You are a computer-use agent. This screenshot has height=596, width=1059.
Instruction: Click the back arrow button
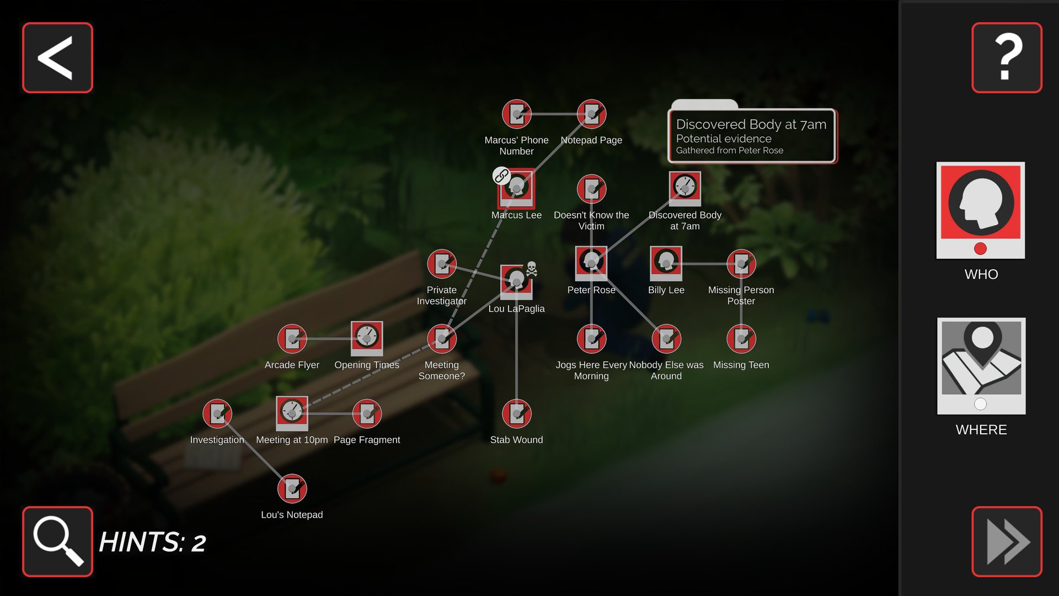tap(57, 57)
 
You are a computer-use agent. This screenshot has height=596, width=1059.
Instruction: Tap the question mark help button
tap(1007, 57)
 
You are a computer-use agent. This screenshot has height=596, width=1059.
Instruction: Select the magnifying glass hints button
tap(57, 541)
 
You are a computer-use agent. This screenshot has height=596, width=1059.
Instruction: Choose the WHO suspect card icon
tap(981, 210)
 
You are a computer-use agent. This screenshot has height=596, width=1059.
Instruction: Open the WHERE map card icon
tap(981, 366)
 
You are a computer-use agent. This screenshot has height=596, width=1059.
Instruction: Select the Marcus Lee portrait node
tap(516, 188)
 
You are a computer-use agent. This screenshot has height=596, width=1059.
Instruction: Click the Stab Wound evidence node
tap(517, 413)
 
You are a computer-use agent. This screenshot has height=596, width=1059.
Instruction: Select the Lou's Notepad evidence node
tap(292, 488)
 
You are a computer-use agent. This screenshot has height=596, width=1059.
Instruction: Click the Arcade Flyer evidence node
tap(292, 338)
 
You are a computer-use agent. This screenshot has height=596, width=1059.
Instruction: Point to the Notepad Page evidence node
tap(591, 114)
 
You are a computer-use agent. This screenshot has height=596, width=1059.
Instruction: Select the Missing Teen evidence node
tap(741, 338)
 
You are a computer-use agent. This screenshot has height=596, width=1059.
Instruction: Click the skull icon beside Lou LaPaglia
tap(531, 269)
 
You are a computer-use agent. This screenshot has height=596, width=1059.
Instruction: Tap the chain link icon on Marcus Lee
tap(501, 176)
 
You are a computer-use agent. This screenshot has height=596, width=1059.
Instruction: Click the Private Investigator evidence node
tap(442, 264)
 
